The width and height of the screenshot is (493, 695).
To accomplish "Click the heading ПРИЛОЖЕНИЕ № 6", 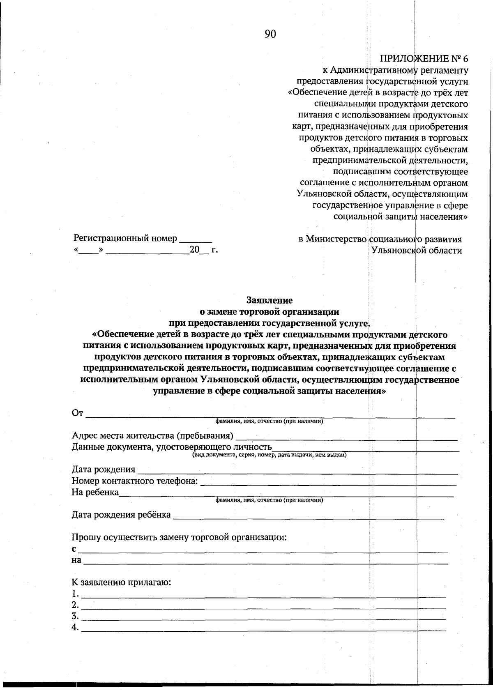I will [x=424, y=58].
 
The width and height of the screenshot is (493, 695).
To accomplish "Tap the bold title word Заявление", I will [x=269, y=300].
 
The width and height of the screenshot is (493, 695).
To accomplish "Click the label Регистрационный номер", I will [x=125, y=238].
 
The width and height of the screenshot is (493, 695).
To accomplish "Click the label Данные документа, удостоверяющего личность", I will [x=172, y=447].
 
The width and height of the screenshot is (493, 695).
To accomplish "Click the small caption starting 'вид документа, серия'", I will [x=270, y=455].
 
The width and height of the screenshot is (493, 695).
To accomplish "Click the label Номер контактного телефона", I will [x=135, y=481].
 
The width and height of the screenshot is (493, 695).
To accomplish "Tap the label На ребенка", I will [x=95, y=492].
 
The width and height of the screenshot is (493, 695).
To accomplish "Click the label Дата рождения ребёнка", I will [x=121, y=515].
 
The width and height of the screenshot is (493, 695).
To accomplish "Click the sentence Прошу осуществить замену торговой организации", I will [x=179, y=537].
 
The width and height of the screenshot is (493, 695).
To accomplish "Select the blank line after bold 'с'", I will [x=263, y=552].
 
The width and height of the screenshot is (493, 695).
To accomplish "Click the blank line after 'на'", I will [x=265, y=564].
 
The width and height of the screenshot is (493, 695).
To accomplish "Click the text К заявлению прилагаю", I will [x=121, y=582].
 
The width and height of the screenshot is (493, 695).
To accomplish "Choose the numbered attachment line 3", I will [x=263, y=619].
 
